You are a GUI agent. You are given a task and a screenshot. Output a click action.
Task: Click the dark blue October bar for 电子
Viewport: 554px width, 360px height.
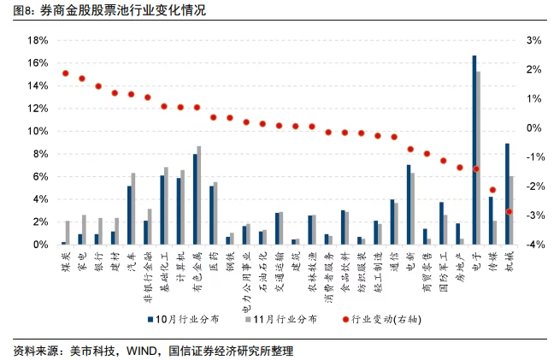[x=474, y=150]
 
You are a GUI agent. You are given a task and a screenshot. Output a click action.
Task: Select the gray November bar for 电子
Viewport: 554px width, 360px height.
[x=478, y=158]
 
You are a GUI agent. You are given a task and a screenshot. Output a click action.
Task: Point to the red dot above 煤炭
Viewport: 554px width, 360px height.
[x=66, y=74]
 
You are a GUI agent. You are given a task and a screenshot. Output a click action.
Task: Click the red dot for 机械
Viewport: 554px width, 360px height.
[x=510, y=211]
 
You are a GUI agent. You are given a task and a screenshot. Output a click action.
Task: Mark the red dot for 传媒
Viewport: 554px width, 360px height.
[x=492, y=190]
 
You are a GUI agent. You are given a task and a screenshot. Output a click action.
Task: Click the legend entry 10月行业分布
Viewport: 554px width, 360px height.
[x=186, y=319]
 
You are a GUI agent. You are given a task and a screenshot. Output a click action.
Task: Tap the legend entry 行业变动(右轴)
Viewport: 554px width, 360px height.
[x=384, y=319]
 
